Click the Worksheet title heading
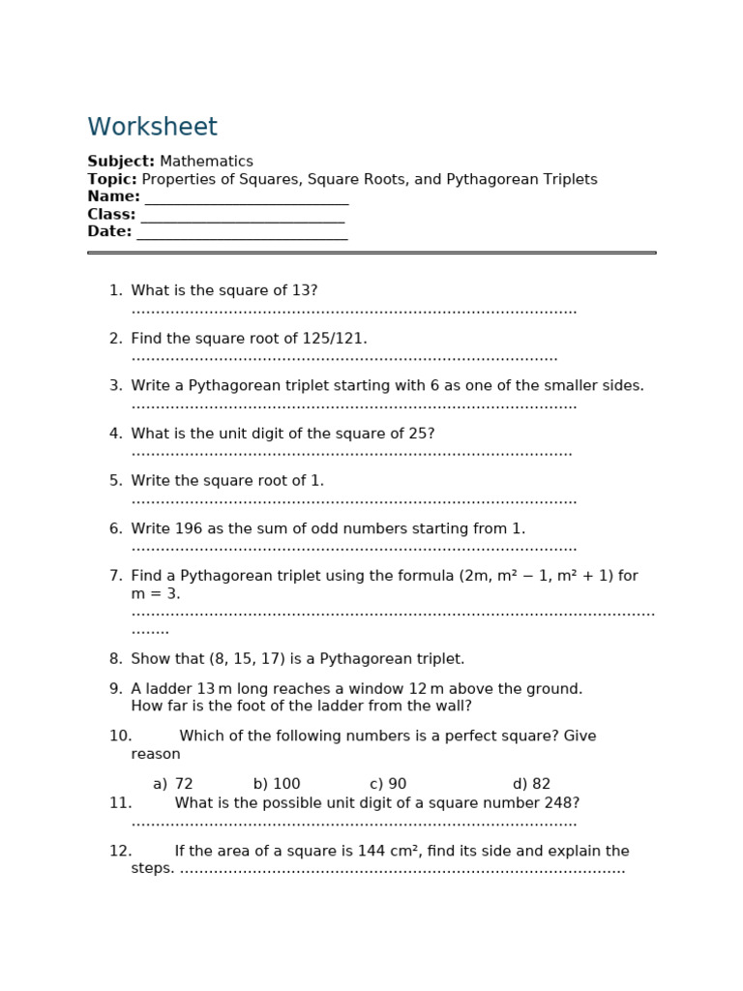click(152, 128)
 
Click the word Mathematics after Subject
click(206, 162)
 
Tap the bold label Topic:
click(112, 179)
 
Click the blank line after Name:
click(246, 198)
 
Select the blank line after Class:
click(242, 216)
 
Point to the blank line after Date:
click(242, 233)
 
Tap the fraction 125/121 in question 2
click(330, 339)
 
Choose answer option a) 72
click(173, 784)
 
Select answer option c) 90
click(388, 784)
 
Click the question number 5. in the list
click(116, 481)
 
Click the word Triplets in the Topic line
click(569, 179)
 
